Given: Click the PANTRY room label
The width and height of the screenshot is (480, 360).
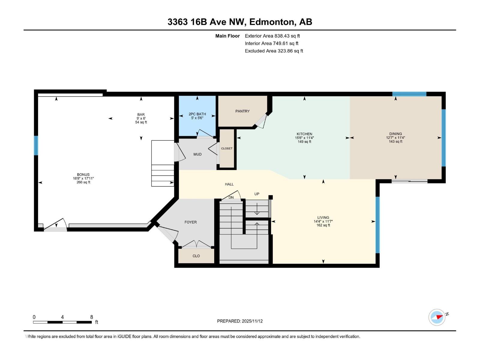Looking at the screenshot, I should click(242, 111).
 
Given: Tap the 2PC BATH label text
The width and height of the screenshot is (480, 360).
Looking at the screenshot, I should click(197, 114).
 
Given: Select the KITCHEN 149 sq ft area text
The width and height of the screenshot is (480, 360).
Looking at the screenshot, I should click(304, 142).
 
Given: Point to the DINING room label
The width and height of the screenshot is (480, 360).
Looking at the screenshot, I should click(395, 134).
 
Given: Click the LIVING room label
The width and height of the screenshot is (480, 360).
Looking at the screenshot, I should click(323, 217).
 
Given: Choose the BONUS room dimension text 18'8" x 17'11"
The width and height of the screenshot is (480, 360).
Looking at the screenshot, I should click(83, 178).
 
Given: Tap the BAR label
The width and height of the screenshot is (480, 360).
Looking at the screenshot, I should click(141, 115).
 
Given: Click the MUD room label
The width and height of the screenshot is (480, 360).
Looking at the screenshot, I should click(197, 154).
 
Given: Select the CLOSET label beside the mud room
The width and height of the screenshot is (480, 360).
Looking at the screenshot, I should click(227, 148).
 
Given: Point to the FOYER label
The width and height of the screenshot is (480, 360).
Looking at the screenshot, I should click(190, 222).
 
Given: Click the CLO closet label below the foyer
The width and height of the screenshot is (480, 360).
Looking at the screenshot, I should click(196, 256).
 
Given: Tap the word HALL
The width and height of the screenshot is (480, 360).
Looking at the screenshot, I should click(229, 184).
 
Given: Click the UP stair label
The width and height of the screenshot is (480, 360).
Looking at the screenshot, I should click(257, 194).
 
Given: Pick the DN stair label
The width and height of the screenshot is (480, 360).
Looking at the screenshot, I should click(231, 197).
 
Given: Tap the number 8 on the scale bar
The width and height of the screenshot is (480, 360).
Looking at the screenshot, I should click(91, 317).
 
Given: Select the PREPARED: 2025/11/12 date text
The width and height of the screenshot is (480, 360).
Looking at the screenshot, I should click(240, 321).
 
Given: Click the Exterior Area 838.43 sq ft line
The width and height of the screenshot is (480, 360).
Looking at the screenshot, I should click(272, 36).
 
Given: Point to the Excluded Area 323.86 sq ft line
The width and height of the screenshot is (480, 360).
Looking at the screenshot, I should click(274, 51).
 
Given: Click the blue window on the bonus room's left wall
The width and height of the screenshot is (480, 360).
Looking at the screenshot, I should click(36, 145).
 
